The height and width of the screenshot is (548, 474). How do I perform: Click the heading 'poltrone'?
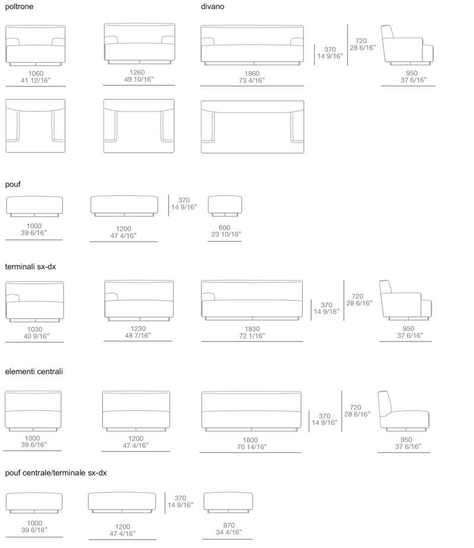(x=19, y=7)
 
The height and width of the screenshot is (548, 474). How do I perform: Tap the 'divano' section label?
(x=212, y=7)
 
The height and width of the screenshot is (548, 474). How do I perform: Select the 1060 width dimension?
(x=36, y=77)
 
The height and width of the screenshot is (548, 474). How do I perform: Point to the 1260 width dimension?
(x=139, y=76)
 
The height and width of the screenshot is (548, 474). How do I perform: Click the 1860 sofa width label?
(x=252, y=77)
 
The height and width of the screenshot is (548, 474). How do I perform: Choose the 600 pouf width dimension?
(x=226, y=231)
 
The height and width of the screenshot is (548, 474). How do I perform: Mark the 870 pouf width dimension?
(x=229, y=529)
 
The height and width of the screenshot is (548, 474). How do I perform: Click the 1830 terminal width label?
(x=252, y=333)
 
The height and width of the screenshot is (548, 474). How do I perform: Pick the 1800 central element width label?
(x=252, y=443)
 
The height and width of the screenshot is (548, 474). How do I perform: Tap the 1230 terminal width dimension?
(x=138, y=332)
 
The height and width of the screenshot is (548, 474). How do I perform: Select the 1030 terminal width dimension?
(x=36, y=333)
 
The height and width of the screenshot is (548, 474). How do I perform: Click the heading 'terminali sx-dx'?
(x=30, y=267)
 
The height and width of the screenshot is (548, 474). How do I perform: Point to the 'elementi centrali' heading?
(x=34, y=372)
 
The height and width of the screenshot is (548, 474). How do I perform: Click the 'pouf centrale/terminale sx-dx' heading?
(x=56, y=473)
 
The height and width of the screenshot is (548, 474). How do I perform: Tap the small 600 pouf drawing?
(x=225, y=206)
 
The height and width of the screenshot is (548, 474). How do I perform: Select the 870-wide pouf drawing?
(x=228, y=502)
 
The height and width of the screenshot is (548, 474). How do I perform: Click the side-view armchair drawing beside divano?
(x=407, y=46)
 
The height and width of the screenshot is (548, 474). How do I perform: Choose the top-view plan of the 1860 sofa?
(x=252, y=127)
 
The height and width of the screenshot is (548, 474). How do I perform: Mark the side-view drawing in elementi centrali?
(x=403, y=411)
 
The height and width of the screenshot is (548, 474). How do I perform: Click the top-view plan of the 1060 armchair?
(x=36, y=126)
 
